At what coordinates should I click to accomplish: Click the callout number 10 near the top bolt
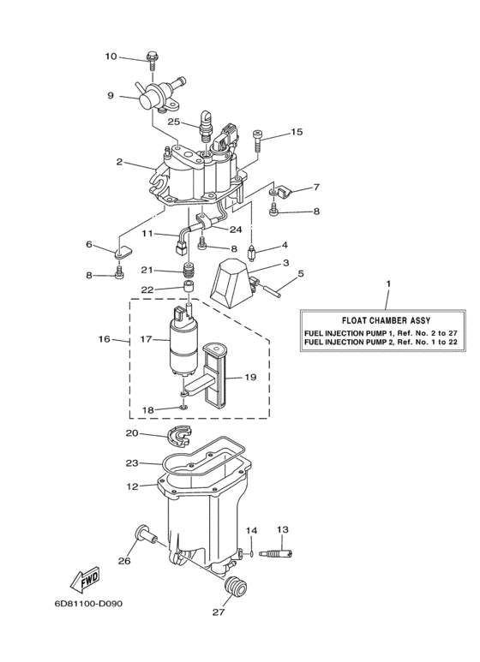click(111, 57)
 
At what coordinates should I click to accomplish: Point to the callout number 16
click(105, 339)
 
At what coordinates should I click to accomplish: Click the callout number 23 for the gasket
click(131, 462)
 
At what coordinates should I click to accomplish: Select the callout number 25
click(174, 122)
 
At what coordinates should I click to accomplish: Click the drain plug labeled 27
click(233, 588)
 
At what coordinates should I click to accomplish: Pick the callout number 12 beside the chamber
click(131, 486)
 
